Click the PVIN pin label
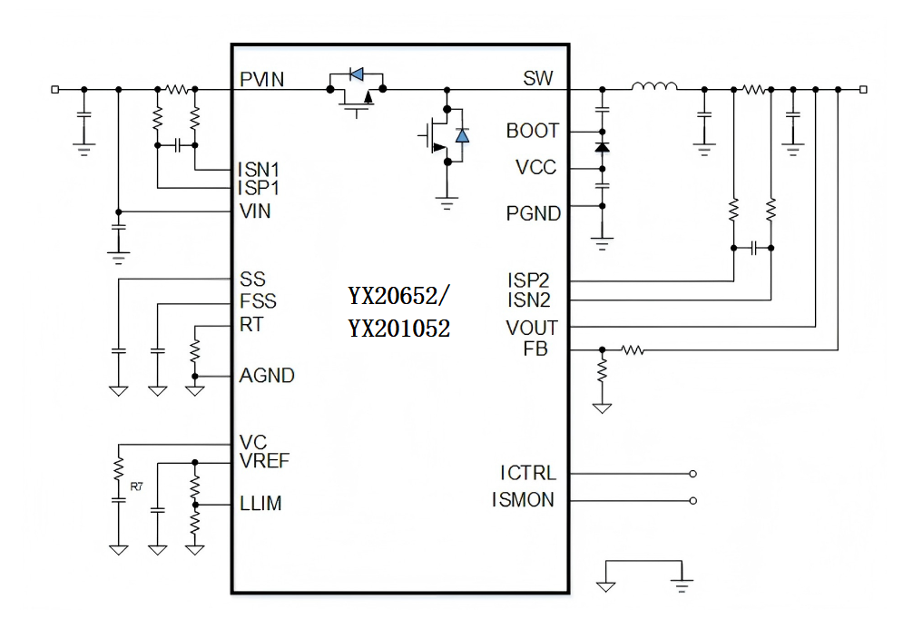coord(261,80)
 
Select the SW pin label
coord(537,79)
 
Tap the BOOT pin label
coord(533,132)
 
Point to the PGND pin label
coord(534,214)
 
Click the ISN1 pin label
coord(260,170)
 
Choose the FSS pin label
coord(258,301)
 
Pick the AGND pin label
coord(267,376)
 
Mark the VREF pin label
coord(265,461)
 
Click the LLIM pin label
coord(260,504)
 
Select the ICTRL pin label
coord(527,474)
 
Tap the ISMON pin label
coord(523,500)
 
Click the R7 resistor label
coord(136,487)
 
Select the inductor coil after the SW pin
coord(654,87)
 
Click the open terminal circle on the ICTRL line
coord(693,474)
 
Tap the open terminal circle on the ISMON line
coord(693,500)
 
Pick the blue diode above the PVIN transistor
coord(356,74)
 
